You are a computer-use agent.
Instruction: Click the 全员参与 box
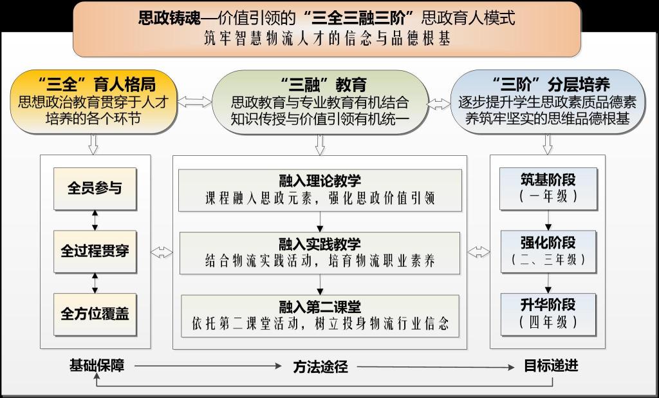pos(95,189)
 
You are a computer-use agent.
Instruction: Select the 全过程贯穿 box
pos(95,251)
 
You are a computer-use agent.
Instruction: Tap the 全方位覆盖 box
pos(95,314)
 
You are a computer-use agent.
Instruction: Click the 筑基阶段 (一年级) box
pos(548,189)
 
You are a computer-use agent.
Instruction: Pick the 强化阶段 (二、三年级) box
pos(548,251)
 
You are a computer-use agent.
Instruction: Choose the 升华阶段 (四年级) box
pos(548,314)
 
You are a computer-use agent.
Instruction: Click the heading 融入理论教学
pos(320,181)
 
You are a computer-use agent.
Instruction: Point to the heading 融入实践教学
pos(320,244)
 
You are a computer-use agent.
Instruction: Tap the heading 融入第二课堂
pos(320,307)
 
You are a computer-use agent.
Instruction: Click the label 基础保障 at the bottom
pos(97,366)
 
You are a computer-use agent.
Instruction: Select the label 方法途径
pos(320,367)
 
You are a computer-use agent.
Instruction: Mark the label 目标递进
pos(551,366)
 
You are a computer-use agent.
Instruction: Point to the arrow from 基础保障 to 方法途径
pos(208,366)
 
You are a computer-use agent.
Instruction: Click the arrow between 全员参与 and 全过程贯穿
pos(95,220)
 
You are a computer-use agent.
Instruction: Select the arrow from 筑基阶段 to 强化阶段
pos(548,220)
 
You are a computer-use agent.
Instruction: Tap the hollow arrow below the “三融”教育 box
pos(320,145)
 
